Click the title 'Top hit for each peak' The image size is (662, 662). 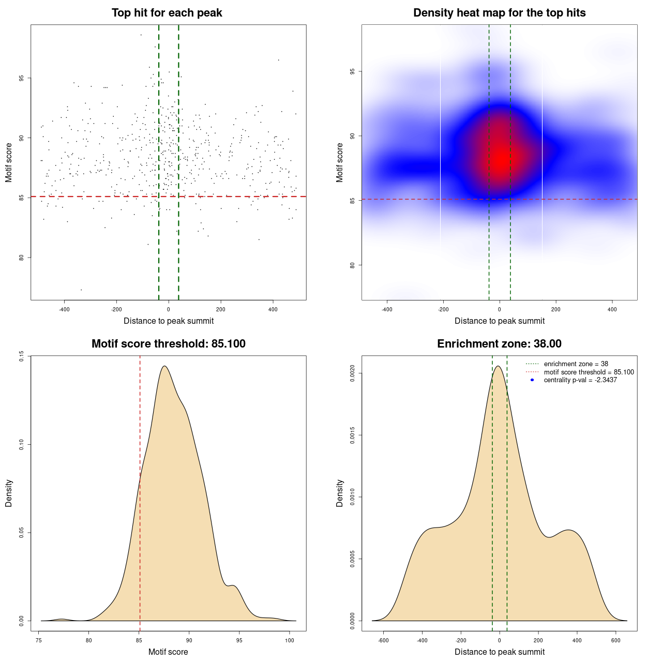point(167,13)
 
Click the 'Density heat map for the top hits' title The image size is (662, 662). point(499,13)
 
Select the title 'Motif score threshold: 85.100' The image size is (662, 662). point(168,344)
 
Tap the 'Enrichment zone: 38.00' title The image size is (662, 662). point(499,344)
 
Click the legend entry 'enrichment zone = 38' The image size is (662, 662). point(576,364)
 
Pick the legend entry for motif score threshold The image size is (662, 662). point(589,372)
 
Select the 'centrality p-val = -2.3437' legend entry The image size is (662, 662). point(580,380)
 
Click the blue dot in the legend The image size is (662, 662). point(532,380)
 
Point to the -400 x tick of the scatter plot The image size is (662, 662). point(64,309)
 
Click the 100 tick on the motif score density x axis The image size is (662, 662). point(290,640)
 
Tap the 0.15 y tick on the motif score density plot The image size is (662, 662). point(21,356)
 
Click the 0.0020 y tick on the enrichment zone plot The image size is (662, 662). point(352,373)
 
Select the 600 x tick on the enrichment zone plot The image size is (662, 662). point(615,640)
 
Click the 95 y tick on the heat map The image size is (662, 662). point(352,71)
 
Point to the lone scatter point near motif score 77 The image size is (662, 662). point(81,290)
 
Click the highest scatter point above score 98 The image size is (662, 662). point(141,35)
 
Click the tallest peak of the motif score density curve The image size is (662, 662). point(164,366)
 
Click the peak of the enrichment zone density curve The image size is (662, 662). point(498,366)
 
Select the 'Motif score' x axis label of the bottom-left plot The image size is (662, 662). point(168,652)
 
